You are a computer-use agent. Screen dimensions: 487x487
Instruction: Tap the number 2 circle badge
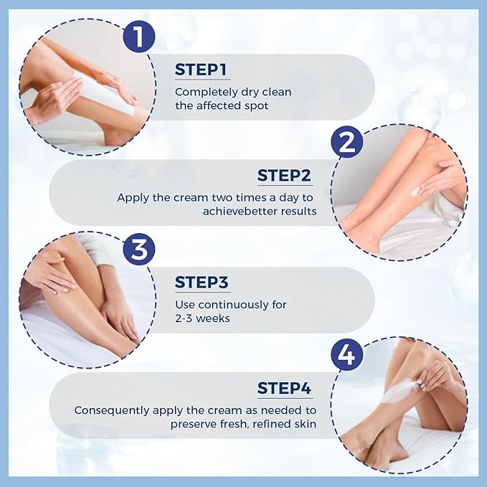[x=346, y=143]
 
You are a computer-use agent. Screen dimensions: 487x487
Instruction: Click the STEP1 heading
[x=201, y=70]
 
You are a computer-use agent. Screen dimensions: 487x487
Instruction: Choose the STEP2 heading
[x=284, y=176]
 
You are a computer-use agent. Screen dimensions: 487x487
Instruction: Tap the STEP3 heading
[x=202, y=283]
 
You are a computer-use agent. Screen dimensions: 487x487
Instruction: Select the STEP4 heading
[x=284, y=389]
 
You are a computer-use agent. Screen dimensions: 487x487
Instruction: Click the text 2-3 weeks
[x=202, y=318]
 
